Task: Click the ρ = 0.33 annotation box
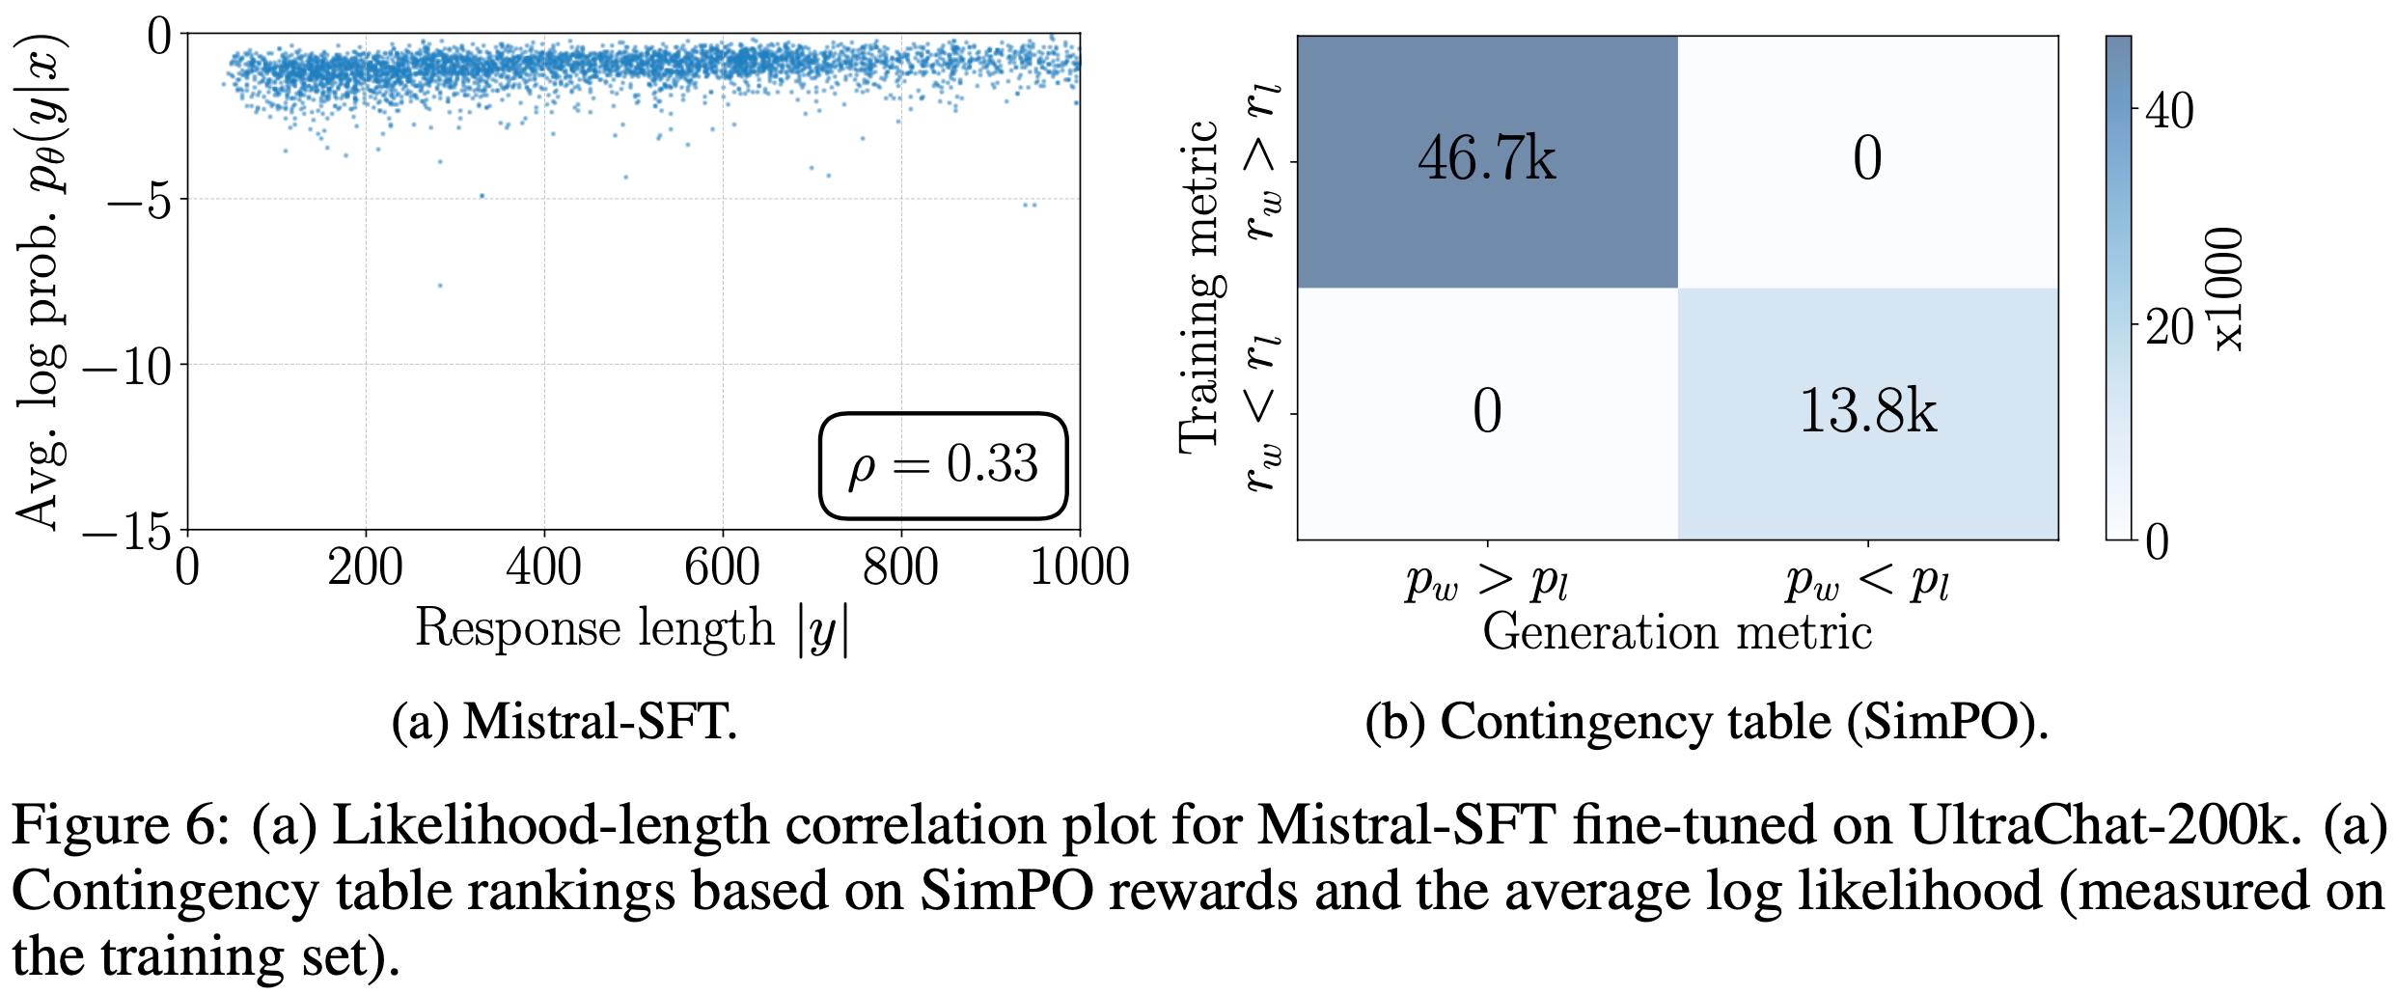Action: pyautogui.click(x=943, y=465)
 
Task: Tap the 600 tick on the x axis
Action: pyautogui.click(x=722, y=567)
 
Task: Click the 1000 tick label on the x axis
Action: pyautogui.click(x=1079, y=567)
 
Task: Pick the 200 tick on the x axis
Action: pyautogui.click(x=365, y=567)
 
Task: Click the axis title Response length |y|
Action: pyautogui.click(x=632, y=629)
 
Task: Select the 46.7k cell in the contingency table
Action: pyautogui.click(x=1487, y=160)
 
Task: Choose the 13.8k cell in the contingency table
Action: pyautogui.click(x=1868, y=412)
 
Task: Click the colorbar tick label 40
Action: pyautogui.click(x=2169, y=111)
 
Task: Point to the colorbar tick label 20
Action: pyautogui.click(x=2169, y=328)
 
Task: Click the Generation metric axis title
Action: pyautogui.click(x=1677, y=633)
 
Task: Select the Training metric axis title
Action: pyautogui.click(x=1200, y=287)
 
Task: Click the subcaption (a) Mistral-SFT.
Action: pyautogui.click(x=565, y=722)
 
